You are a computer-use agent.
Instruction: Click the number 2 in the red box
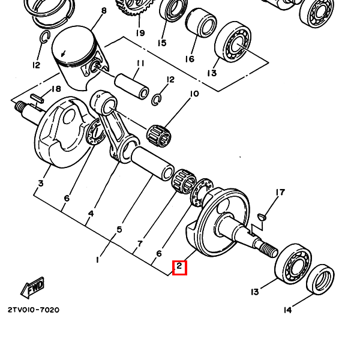[179, 266]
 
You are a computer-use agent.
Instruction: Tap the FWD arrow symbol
[32, 288]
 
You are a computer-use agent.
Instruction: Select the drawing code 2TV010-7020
[34, 310]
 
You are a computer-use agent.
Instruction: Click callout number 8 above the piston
[104, 11]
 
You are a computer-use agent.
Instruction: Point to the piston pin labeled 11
[131, 87]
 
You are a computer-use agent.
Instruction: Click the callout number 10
[194, 94]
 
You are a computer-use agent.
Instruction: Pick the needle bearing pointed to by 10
[160, 136]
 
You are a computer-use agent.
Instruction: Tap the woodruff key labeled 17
[262, 217]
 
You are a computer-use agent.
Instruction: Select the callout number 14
[287, 310]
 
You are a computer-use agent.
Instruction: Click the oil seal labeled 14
[320, 280]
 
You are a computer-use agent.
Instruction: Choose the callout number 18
[56, 89]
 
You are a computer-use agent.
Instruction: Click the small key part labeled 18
[37, 98]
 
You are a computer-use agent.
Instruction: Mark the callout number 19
[140, 33]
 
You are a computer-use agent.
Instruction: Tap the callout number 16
[190, 59]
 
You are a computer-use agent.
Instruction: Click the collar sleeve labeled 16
[201, 23]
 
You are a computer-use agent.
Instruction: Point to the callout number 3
[41, 184]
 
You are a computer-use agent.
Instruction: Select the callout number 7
[140, 244]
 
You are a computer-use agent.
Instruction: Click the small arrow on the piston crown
[63, 54]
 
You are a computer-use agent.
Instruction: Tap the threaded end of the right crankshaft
[269, 250]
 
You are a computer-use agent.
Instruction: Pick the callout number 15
[162, 43]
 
